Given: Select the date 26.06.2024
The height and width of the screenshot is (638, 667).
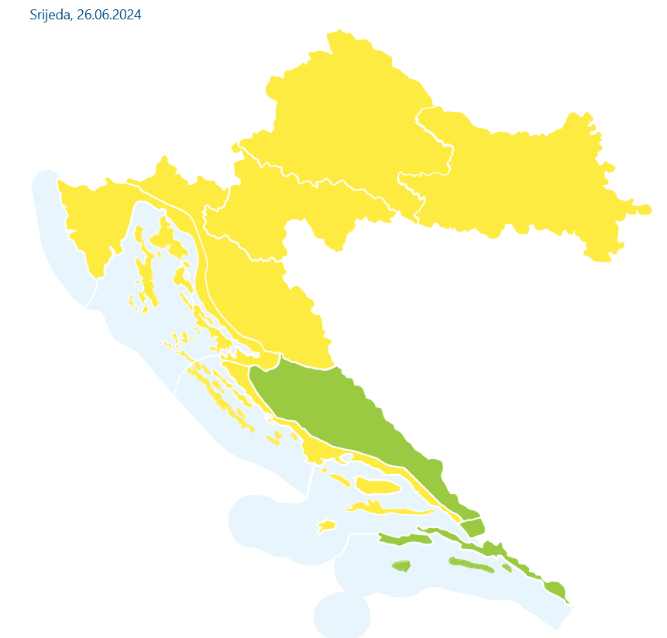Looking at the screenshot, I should [x=109, y=15].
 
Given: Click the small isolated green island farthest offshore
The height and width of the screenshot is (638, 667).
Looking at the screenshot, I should [x=401, y=566].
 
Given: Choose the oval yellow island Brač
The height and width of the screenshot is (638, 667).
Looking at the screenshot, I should [x=378, y=486].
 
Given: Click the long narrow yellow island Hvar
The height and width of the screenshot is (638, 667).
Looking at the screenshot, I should [x=387, y=510].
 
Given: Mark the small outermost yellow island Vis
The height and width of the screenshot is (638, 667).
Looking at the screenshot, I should [x=327, y=527].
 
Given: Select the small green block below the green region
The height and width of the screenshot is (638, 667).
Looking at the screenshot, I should [x=473, y=528].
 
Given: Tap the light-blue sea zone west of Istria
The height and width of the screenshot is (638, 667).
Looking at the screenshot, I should [x=54, y=248].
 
